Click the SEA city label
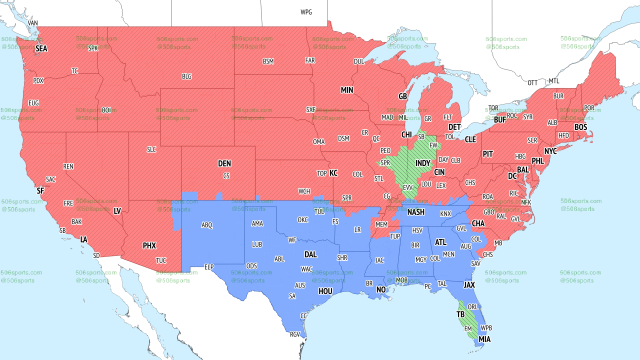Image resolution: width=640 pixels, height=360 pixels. point(41,49)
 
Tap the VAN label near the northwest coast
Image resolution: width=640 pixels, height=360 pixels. point(33,23)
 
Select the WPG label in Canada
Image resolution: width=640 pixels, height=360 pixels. point(306,12)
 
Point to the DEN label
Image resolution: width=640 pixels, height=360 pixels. point(224,163)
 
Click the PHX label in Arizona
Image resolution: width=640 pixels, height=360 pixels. point(149,245)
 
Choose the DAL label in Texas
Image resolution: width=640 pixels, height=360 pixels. point(310,254)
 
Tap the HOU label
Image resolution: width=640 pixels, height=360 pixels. point(325,291)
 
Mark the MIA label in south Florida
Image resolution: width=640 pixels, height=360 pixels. point(484,339)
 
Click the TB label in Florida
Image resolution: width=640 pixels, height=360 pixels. point(460,314)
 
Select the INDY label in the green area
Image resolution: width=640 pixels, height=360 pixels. point(422,163)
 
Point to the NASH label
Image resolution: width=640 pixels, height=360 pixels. point(415,212)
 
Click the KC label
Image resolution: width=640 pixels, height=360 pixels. point(333,173)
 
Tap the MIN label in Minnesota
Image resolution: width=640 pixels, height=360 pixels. point(347,90)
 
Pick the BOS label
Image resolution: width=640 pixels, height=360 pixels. point(580,127)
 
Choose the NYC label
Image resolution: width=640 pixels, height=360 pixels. point(550,151)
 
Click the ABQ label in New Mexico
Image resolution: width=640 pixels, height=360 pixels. point(207,225)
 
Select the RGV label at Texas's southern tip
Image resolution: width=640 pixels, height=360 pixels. point(295,334)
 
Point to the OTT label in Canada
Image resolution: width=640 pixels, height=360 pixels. point(532,82)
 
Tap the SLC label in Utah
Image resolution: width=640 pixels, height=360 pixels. point(151,149)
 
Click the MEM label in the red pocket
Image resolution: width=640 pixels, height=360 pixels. point(381,225)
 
